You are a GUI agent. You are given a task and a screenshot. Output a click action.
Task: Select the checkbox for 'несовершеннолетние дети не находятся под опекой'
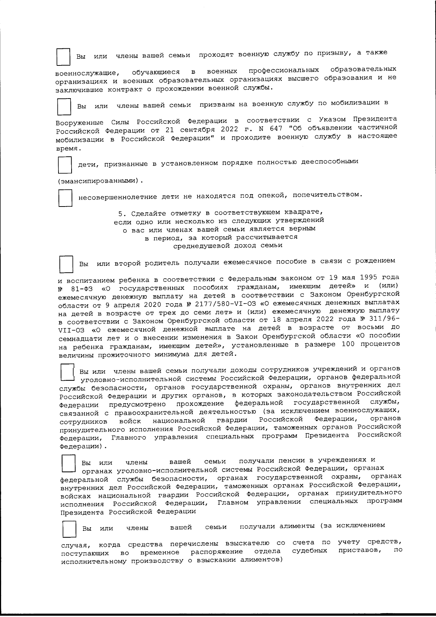[65, 198]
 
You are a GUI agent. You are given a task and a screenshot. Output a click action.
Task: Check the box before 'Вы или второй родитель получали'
[66, 264]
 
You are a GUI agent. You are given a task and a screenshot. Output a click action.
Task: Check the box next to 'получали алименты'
[69, 529]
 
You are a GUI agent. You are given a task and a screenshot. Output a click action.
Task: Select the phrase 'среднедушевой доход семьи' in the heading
[228, 245]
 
